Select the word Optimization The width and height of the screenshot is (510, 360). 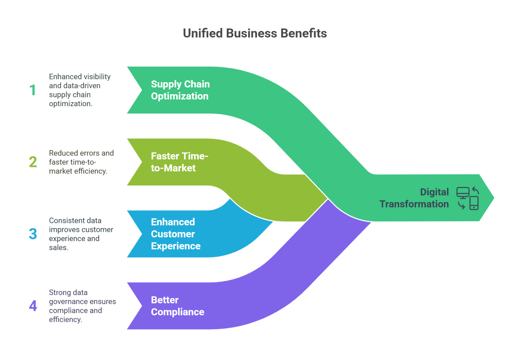tap(180, 96)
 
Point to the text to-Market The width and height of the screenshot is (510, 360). tap(173, 168)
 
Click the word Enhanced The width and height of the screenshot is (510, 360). tap(173, 222)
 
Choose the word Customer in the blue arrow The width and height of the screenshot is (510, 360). tap(173, 234)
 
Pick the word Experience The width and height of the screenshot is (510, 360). tap(176, 246)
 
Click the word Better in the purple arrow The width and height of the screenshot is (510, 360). tap(165, 300)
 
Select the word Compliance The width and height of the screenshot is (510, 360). tap(178, 312)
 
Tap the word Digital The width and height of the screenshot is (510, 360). tap(434, 192)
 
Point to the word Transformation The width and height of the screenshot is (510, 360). tap(414, 204)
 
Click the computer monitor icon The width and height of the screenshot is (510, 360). tap(463, 193)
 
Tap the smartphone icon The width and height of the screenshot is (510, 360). tap(474, 203)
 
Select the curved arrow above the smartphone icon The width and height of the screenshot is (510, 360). tap(476, 190)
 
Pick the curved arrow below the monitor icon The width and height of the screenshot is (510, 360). tap(461, 205)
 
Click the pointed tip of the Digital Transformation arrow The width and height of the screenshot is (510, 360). tap(493, 198)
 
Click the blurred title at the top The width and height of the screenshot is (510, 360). tap(255, 35)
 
